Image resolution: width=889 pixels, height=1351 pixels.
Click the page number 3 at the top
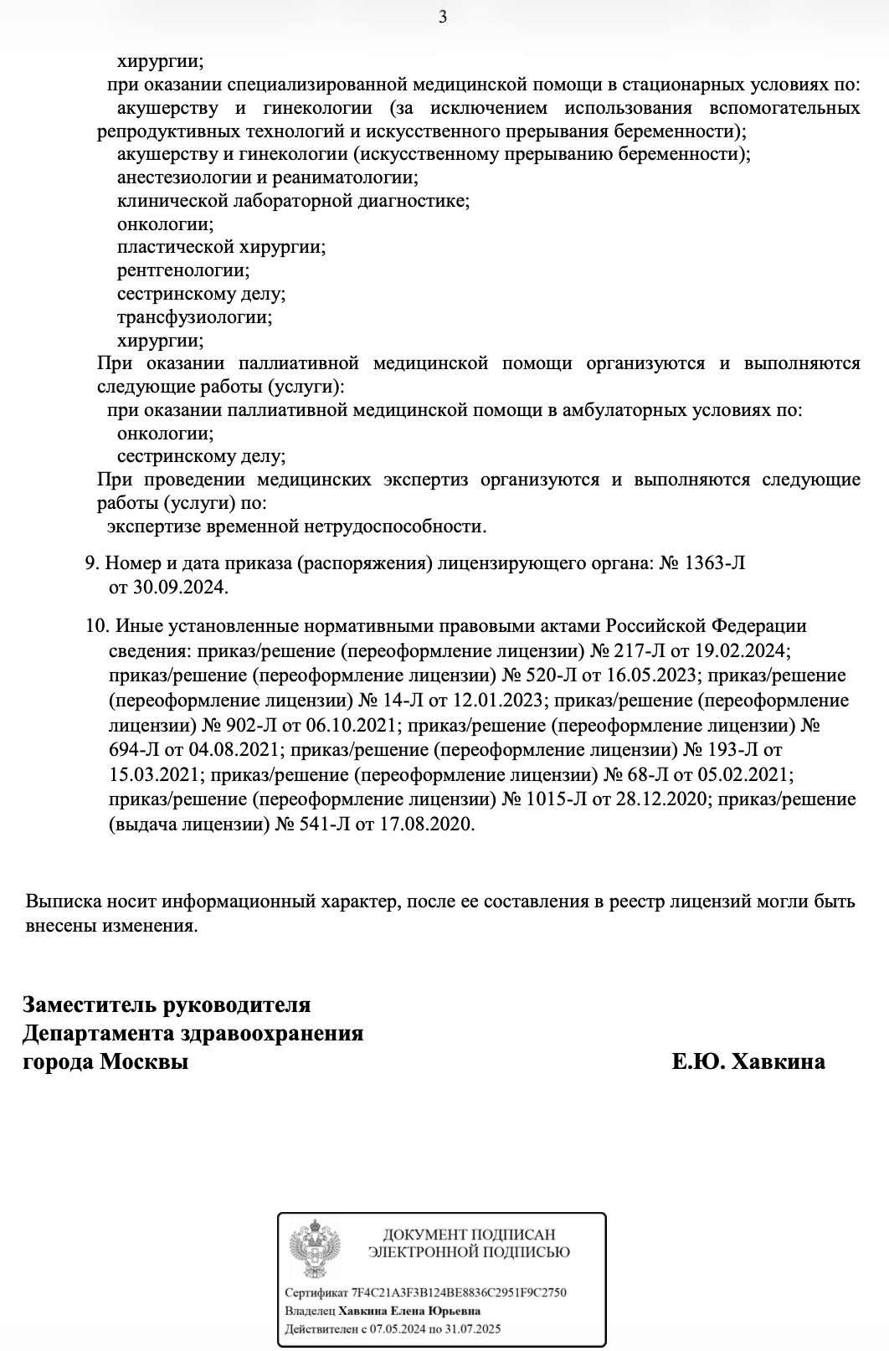(444, 17)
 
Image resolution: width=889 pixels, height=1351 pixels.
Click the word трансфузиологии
(194, 317)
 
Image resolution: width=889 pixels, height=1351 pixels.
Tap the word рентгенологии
(183, 270)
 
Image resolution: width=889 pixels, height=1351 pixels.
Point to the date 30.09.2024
(180, 587)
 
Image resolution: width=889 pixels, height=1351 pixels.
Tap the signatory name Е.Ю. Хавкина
(748, 1061)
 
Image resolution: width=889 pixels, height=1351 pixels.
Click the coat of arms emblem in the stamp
(314, 1252)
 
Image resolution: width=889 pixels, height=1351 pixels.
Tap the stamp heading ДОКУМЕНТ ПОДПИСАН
(469, 1235)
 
